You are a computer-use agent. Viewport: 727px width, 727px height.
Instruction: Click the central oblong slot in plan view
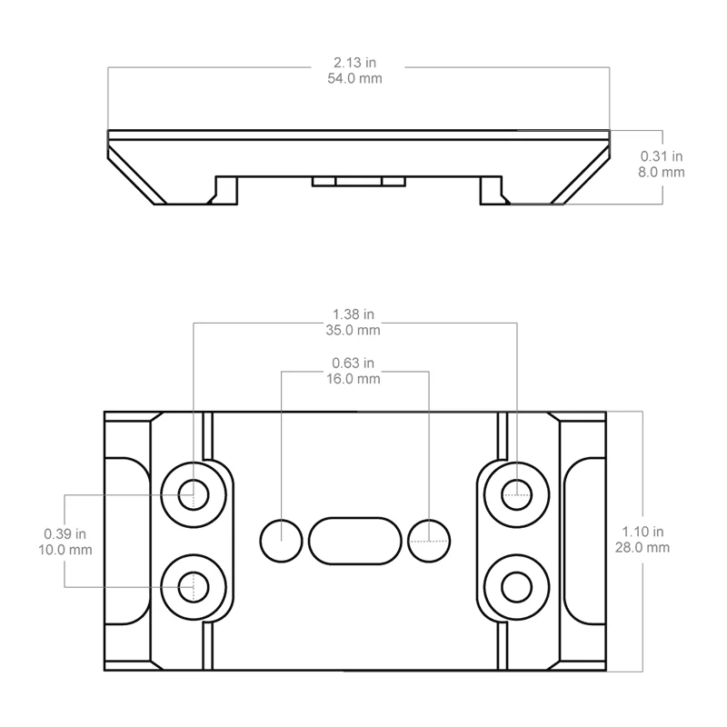click(355, 540)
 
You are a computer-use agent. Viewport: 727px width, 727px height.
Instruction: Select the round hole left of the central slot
click(281, 541)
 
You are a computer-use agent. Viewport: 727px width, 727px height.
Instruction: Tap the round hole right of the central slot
click(429, 541)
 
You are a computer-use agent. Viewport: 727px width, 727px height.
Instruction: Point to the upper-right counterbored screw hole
click(516, 494)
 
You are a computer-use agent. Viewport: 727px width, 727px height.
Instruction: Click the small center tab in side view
click(357, 181)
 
